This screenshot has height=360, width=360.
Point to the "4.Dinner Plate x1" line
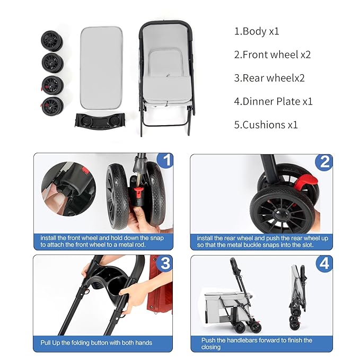[274, 101]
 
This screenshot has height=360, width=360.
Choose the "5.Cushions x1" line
[266, 125]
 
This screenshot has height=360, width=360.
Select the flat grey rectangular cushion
[101, 68]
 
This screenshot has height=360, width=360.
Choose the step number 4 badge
[324, 264]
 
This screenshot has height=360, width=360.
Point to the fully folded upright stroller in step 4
[297, 297]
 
